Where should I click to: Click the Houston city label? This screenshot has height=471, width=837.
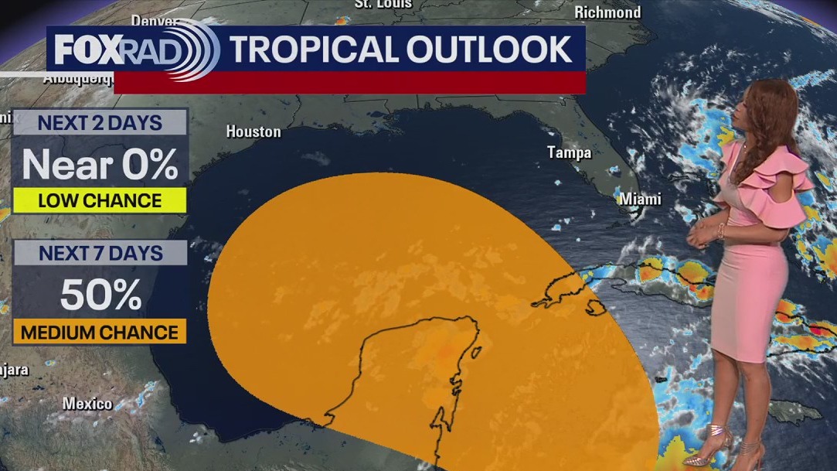pos(253,132)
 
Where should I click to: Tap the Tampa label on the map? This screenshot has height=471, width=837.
pos(569,152)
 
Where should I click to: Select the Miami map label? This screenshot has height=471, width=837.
pos(641,199)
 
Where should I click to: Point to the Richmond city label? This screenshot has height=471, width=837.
pos(607,12)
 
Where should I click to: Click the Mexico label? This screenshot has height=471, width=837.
pos(87,404)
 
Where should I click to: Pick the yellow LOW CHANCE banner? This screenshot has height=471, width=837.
pos(100,201)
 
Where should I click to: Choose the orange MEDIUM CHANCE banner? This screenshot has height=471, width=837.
pos(100,333)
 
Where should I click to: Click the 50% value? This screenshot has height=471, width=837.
pos(100,295)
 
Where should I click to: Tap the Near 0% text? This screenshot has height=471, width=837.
pos(100,164)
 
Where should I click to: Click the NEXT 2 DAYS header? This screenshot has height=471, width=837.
pos(100,122)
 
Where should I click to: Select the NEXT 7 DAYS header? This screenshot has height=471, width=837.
pos(100,253)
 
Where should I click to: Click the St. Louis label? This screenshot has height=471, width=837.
pos(383,4)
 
